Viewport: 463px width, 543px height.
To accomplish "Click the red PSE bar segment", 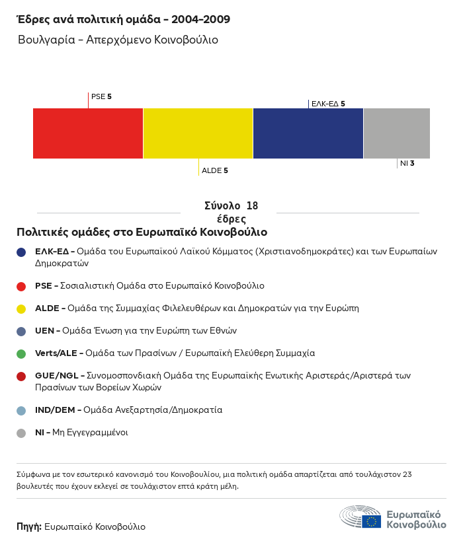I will (88, 133).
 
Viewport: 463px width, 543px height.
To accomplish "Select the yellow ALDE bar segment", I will (198, 133).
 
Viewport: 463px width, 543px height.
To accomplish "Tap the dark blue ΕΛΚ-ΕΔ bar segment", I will (308, 133).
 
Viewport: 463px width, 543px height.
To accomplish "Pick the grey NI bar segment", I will (397, 133).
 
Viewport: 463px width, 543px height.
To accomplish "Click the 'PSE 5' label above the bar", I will (101, 96).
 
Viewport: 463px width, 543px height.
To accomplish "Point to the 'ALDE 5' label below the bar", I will (215, 170).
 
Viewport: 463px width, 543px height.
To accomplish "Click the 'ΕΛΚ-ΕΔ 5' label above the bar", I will (328, 104).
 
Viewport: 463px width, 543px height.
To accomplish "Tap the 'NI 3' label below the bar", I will (407, 163).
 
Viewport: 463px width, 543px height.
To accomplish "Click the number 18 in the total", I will (251, 206).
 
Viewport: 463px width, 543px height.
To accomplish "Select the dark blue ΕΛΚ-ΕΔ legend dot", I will (21, 252).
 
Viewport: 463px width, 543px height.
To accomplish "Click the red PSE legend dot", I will (21, 286).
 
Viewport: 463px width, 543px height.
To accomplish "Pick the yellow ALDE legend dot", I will (21, 308).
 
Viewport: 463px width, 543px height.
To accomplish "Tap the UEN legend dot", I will (21, 331).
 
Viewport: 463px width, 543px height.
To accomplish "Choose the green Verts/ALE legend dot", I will (21, 353).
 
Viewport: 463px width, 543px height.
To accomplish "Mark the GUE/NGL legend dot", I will (21, 376).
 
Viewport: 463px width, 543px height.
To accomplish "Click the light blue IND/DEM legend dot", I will (21, 410).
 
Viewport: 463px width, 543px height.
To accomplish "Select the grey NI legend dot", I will (21, 433).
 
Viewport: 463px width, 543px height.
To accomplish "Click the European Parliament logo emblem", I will (360, 517).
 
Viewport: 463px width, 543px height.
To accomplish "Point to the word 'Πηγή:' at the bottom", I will (29, 527).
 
